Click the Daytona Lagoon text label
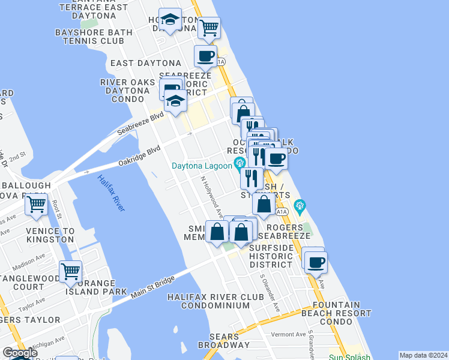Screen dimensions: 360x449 coord(201,166)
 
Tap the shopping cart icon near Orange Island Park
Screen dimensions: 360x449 coord(71,272)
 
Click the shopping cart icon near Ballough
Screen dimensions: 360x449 coord(37,204)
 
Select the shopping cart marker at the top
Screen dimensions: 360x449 coord(209,27)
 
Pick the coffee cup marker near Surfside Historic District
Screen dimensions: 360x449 coord(315,261)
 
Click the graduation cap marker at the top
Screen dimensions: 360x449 coord(170,20)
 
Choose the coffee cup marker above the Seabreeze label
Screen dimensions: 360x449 coord(205,56)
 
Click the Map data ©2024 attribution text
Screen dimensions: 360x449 coord(423,355)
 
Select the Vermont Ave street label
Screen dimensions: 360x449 coord(288,334)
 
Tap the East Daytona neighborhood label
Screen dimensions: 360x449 coord(146,63)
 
